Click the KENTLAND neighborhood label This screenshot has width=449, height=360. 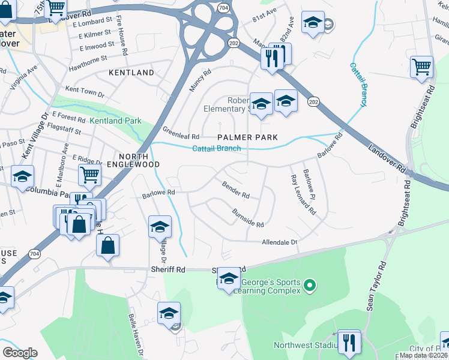pyautogui.click(x=131, y=73)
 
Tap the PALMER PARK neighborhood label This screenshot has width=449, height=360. pyautogui.click(x=247, y=137)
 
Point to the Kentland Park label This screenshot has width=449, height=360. pyautogui.click(x=116, y=121)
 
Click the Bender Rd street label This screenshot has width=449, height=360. pyautogui.click(x=236, y=190)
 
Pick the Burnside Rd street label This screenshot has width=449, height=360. pyautogui.click(x=248, y=218)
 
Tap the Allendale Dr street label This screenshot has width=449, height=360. pyautogui.click(x=279, y=242)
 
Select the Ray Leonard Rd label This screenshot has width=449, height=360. pyautogui.click(x=303, y=194)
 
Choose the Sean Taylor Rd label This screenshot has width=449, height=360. pyautogui.click(x=375, y=285)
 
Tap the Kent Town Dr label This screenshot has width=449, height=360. pyautogui.click(x=85, y=91)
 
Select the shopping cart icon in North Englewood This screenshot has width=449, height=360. pyautogui.click(x=89, y=175)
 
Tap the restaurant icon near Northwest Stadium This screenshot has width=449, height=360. pyautogui.click(x=348, y=341)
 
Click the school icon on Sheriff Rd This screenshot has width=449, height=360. pyautogui.click(x=228, y=278)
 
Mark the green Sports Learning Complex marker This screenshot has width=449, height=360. pyautogui.click(x=310, y=284)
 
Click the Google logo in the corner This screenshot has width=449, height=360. pyautogui.click(x=20, y=352)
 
